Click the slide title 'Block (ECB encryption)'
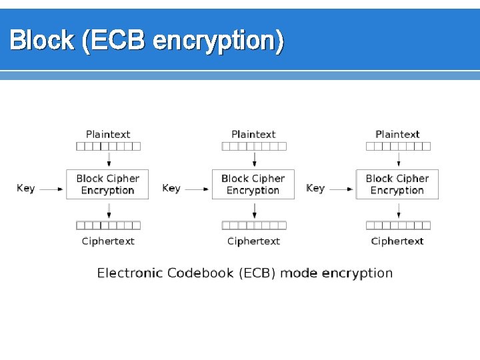click(147, 41)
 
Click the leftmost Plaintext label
click(108, 134)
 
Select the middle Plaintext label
click(253, 134)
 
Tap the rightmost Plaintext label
click(397, 134)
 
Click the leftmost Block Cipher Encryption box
click(107, 184)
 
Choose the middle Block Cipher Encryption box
click(253, 184)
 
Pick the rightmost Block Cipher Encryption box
click(397, 184)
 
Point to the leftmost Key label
click(26, 189)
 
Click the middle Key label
click(171, 189)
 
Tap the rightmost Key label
click(315, 189)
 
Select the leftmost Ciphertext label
click(108, 241)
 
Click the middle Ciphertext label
click(253, 241)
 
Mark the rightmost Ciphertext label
click(397, 241)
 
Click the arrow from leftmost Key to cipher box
click(51, 189)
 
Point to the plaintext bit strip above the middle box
click(254, 146)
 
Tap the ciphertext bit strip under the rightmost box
click(398, 225)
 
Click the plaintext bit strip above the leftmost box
click(109, 146)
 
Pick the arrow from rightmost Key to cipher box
click(341, 189)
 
